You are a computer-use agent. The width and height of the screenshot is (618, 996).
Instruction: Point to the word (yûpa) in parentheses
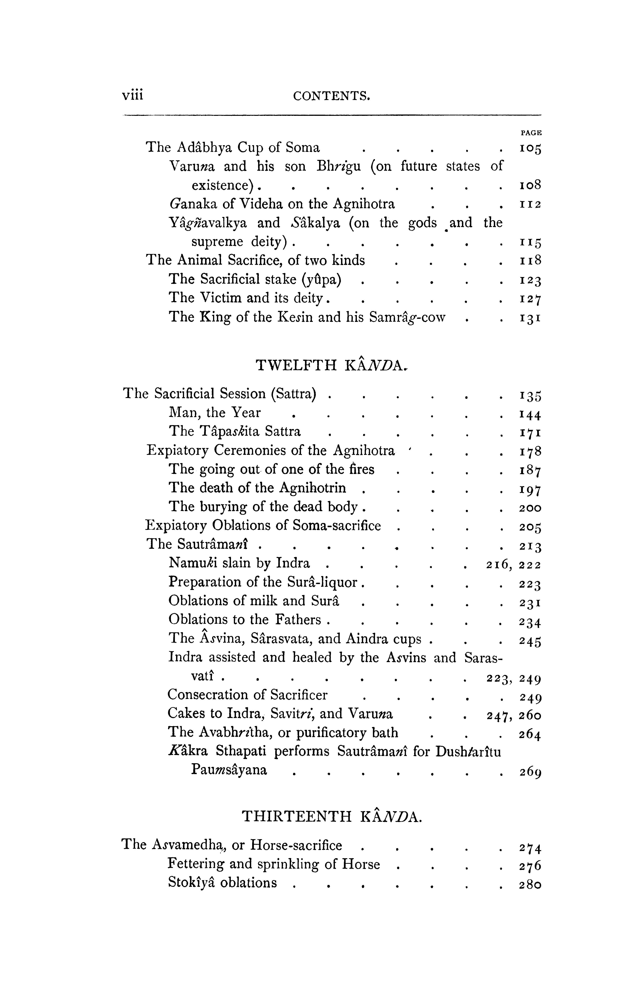(321, 280)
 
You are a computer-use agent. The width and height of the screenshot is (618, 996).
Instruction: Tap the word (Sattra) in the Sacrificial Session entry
(294, 394)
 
